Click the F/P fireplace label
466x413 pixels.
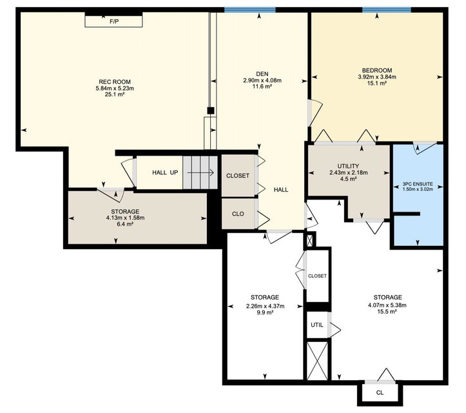point(114,21)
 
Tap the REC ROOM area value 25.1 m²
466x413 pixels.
point(115,95)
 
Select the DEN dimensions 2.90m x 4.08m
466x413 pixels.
point(262,80)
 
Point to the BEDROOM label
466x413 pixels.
point(377,70)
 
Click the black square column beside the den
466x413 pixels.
point(211,111)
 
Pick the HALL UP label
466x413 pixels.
point(165,172)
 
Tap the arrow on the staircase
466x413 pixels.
point(200,172)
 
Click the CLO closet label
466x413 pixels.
point(238,214)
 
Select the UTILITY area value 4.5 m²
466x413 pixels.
point(348,179)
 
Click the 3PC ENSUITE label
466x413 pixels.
point(418,184)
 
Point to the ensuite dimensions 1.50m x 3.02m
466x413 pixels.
point(418,189)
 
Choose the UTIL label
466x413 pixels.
point(317,325)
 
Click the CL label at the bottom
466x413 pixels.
point(380,393)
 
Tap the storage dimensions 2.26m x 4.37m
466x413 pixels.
point(265,306)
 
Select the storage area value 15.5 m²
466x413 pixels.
point(387,312)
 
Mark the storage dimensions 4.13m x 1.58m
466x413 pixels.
point(125,218)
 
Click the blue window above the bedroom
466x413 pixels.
point(386,10)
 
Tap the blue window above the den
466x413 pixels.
point(250,10)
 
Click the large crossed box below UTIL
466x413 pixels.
point(317,361)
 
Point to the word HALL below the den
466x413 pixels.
point(281,190)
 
